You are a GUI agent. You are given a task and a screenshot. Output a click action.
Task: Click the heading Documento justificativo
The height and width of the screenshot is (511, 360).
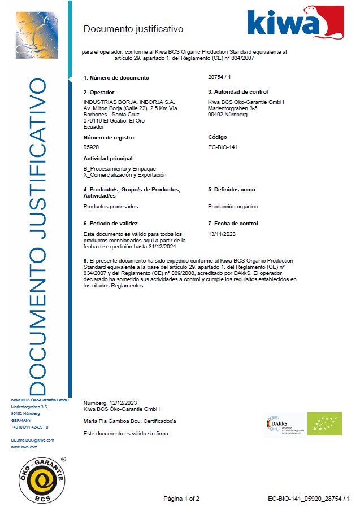pyautogui.click(x=133, y=29)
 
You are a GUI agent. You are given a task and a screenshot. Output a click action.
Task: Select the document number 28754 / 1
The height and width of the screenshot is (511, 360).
pyautogui.click(x=220, y=77)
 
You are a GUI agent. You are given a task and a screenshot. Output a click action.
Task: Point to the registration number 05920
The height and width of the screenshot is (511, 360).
pyautogui.click(x=90, y=147)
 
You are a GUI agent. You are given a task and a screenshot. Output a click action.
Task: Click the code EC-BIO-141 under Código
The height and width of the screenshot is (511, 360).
pyautogui.click(x=224, y=147)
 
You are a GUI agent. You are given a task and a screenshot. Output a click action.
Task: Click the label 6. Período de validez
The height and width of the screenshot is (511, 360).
pyautogui.click(x=110, y=224)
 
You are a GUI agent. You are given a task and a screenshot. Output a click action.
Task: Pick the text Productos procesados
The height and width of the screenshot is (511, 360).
pyautogui.click(x=111, y=207)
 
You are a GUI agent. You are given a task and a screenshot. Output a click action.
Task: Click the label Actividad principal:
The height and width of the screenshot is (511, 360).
pyautogui.click(x=109, y=159)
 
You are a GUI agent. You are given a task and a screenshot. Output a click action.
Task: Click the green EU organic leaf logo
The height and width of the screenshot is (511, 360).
pyautogui.click(x=324, y=423)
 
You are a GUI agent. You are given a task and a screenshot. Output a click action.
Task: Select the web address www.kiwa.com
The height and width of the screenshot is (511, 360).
pyautogui.click(x=24, y=447)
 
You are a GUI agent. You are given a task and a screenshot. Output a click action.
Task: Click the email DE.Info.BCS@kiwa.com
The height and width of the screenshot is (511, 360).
pyautogui.click(x=33, y=439)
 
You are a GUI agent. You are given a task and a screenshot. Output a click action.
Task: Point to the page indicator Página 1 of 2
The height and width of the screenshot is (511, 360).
pyautogui.click(x=181, y=499)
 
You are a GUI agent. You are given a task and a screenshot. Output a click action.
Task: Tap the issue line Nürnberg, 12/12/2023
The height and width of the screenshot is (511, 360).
pyautogui.click(x=110, y=403)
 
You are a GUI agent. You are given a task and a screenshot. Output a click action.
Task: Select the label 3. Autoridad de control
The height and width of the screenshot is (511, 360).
pyautogui.click(x=238, y=92)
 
